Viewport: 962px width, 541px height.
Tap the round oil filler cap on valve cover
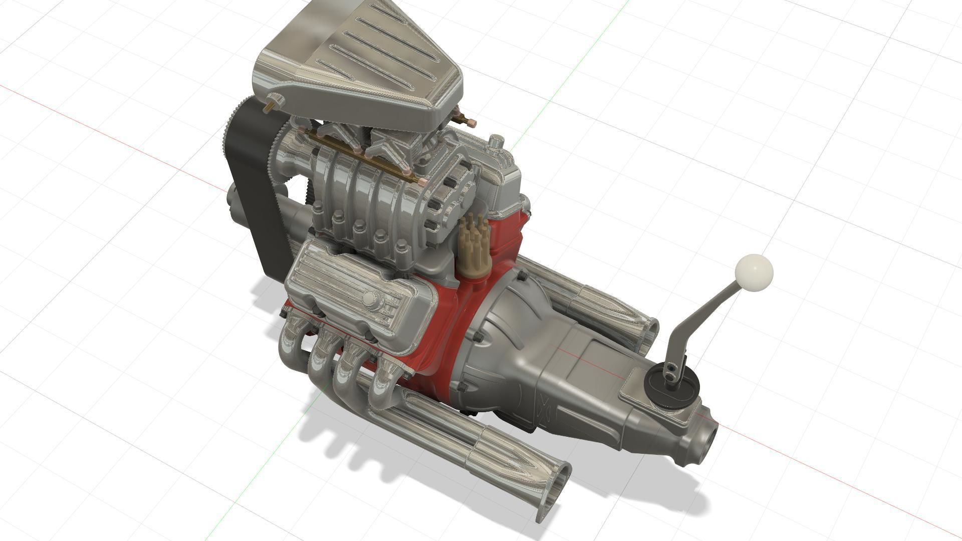[x=370, y=299]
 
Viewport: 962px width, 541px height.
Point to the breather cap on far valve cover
[x=495, y=142]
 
